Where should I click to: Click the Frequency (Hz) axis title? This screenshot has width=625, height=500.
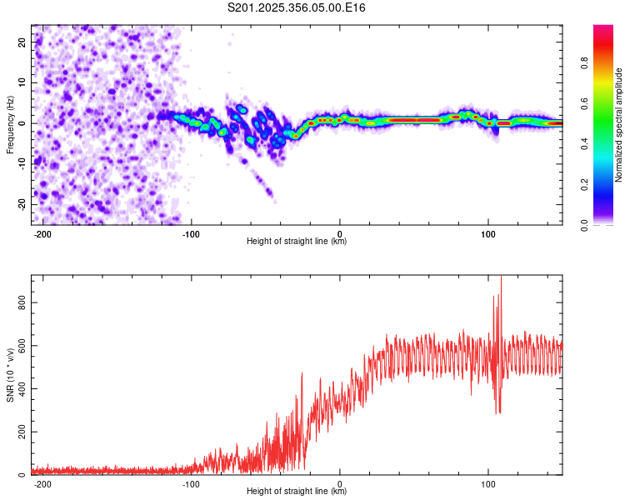(11, 125)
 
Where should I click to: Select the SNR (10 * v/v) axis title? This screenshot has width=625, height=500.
(11, 374)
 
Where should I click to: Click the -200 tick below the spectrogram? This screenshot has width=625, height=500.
(42, 233)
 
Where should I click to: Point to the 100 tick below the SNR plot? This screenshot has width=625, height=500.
(487, 483)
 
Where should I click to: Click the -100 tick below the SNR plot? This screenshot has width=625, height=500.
(192, 483)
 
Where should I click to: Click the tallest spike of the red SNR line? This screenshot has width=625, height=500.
(501, 278)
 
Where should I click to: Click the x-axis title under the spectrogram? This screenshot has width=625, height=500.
(297, 242)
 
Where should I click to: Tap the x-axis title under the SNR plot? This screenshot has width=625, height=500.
(297, 492)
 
